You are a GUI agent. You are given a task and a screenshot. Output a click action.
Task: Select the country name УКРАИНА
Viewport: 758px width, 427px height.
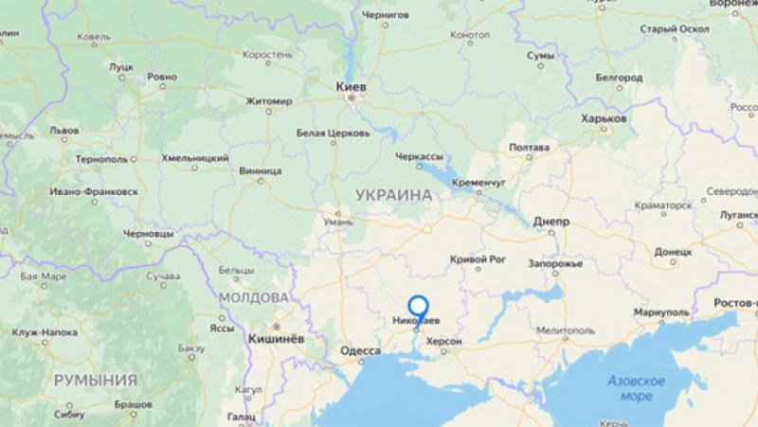(x=392, y=193)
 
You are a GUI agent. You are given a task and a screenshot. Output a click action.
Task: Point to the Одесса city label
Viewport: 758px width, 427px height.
(x=359, y=351)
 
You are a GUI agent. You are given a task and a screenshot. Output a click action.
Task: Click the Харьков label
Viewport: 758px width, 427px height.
(x=605, y=119)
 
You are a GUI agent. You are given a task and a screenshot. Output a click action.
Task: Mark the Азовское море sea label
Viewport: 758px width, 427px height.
(x=637, y=388)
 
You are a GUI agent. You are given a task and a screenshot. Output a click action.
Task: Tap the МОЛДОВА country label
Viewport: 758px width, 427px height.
(x=253, y=297)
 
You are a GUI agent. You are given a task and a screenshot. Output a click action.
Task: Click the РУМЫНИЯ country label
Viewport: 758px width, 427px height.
(x=95, y=380)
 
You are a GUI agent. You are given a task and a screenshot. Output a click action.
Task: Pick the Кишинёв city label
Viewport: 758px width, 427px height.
(x=275, y=338)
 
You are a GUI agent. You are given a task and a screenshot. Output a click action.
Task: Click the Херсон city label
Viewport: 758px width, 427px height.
(x=443, y=340)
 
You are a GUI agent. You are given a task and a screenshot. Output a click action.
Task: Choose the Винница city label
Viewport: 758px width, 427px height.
(x=262, y=171)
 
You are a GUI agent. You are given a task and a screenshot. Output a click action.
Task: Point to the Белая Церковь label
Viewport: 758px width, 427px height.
(x=333, y=133)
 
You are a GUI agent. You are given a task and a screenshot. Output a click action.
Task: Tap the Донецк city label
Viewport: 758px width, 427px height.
(x=674, y=253)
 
